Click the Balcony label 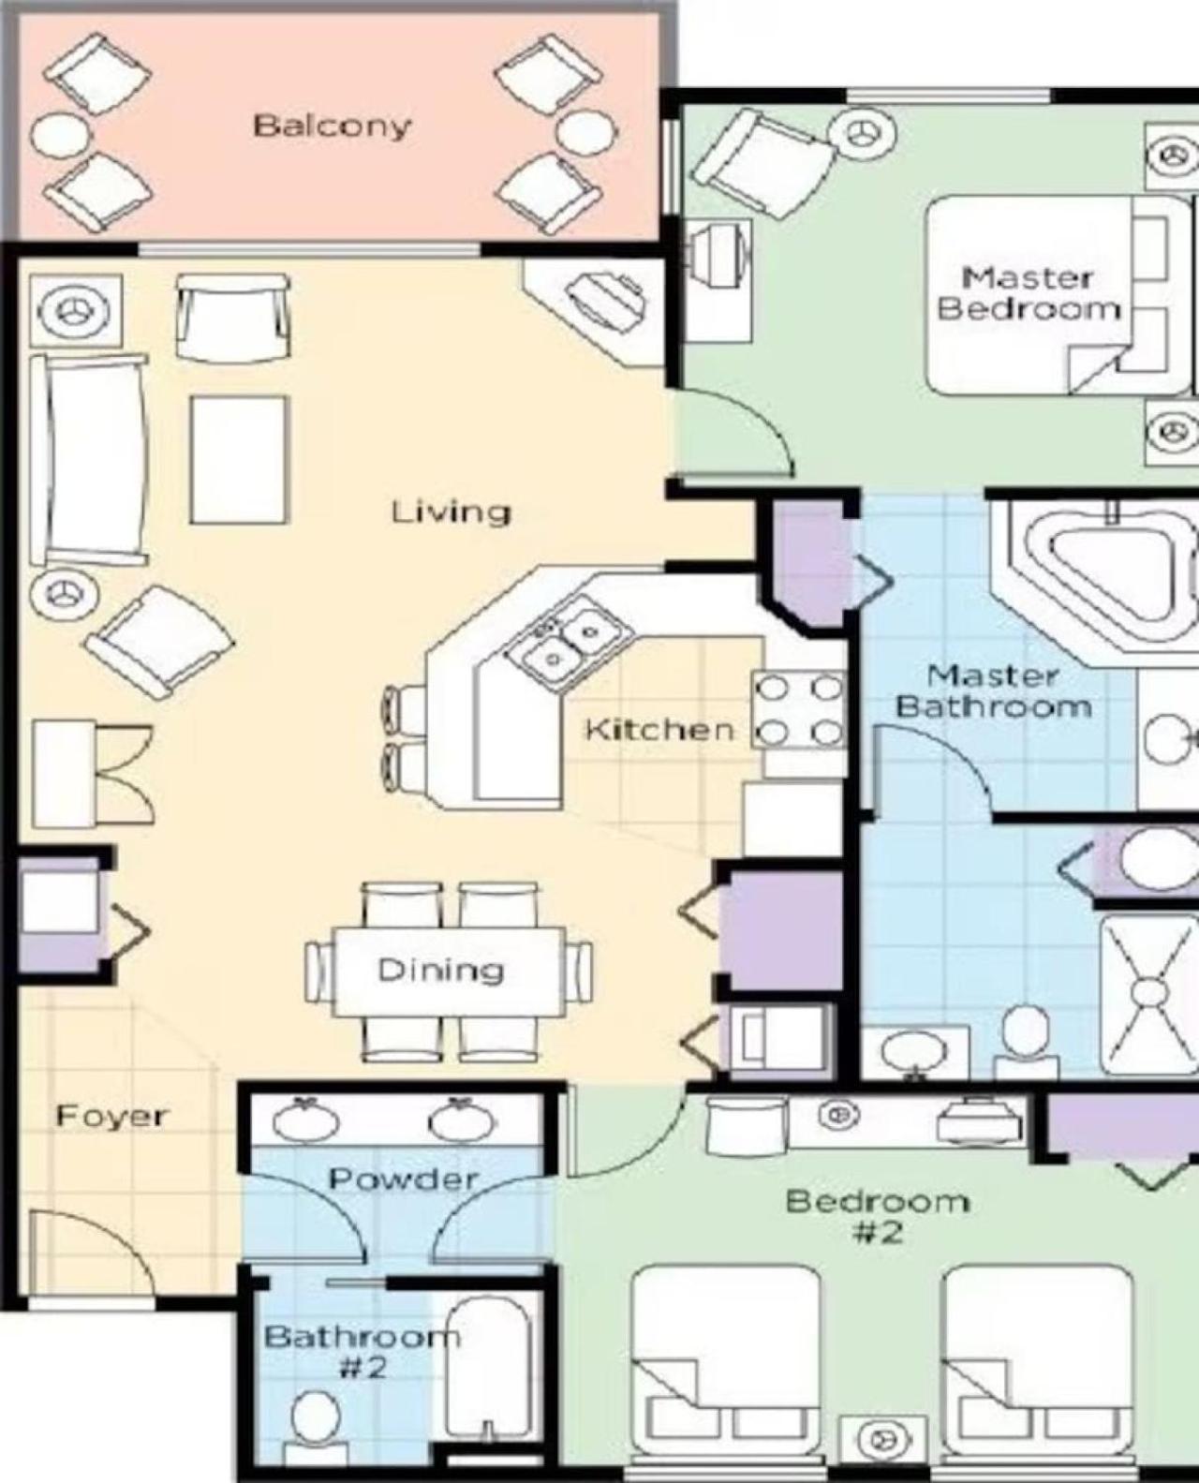coord(332,127)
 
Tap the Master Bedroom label coord(1029,293)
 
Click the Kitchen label coord(659,730)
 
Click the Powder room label coord(404,1179)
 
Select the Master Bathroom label coord(994,691)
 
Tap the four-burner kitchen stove coord(798,710)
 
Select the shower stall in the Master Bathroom coord(1147,996)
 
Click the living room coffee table coord(239,460)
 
